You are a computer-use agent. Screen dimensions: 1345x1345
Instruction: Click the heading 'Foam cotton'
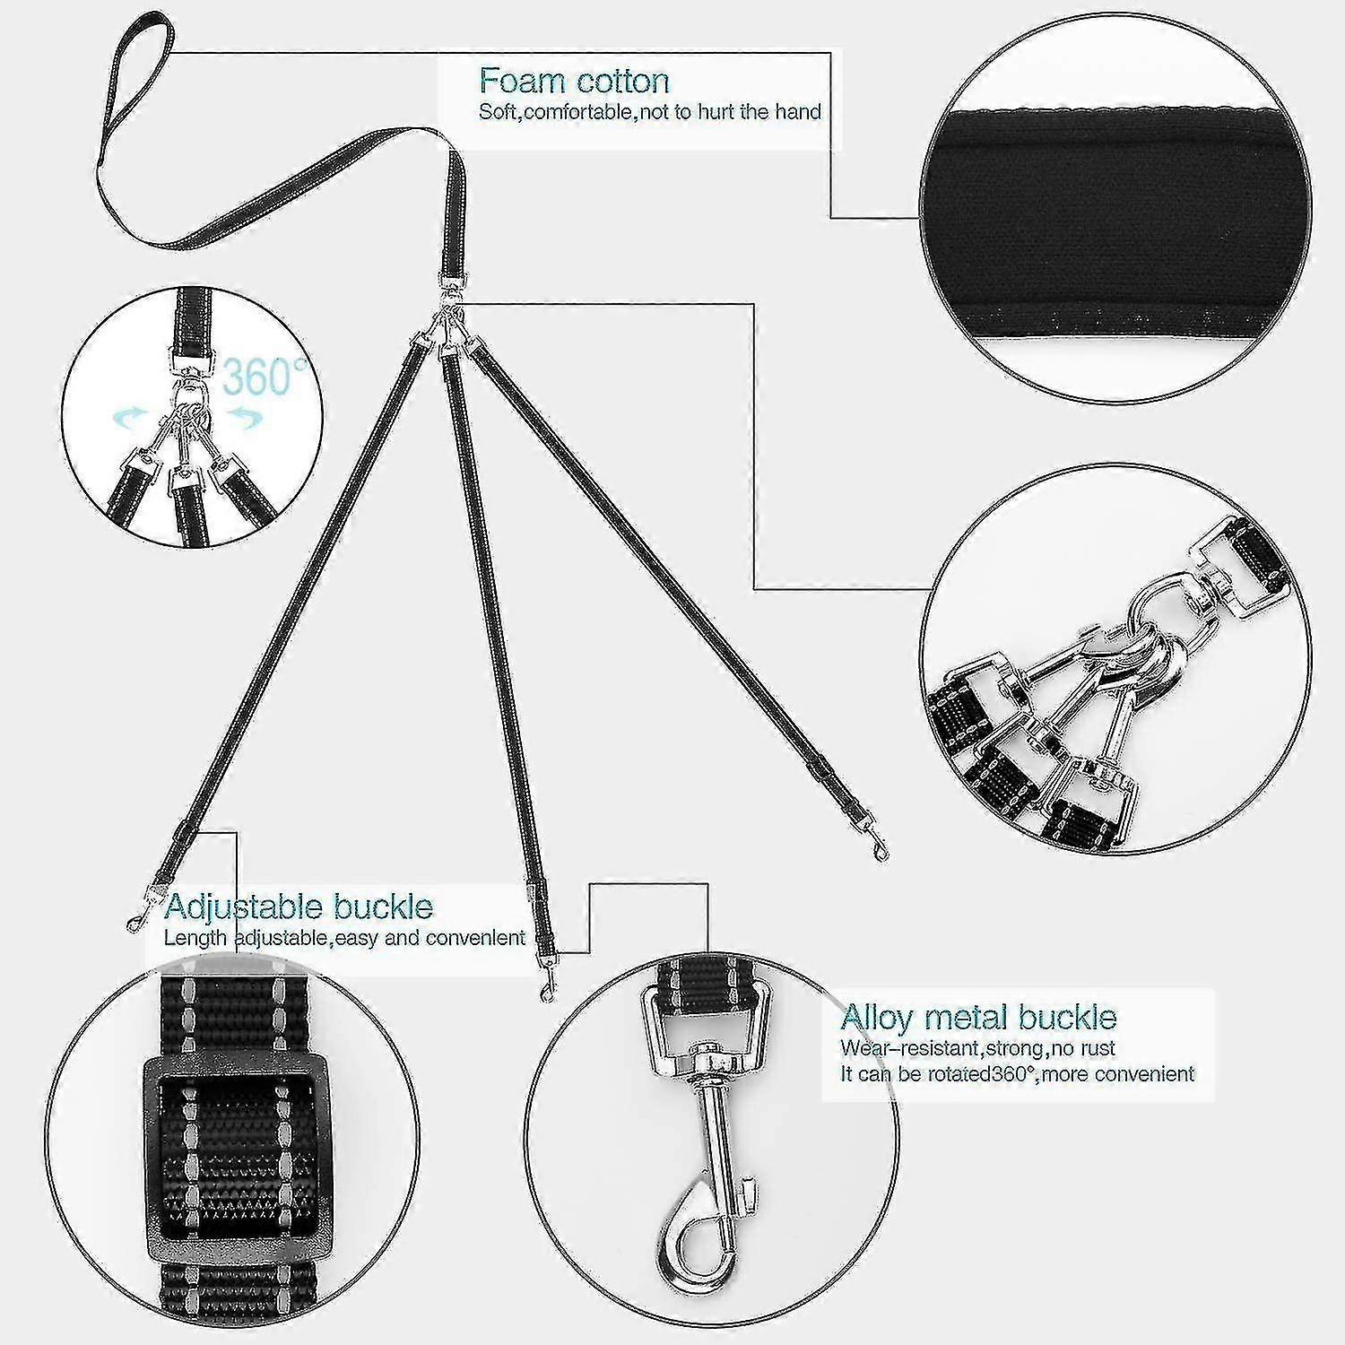574,81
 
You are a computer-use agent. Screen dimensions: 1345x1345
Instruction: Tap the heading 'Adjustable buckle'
299,907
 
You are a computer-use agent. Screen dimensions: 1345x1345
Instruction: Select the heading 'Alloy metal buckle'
978,1017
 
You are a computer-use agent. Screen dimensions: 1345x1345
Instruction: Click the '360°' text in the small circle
265,377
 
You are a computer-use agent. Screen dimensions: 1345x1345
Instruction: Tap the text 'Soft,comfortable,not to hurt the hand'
650,112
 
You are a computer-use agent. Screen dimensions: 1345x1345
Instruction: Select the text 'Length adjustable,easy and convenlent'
344,938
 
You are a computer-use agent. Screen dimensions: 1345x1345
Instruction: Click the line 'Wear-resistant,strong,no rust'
978,1047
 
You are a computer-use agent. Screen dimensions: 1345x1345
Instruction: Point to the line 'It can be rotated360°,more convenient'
1018,1073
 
